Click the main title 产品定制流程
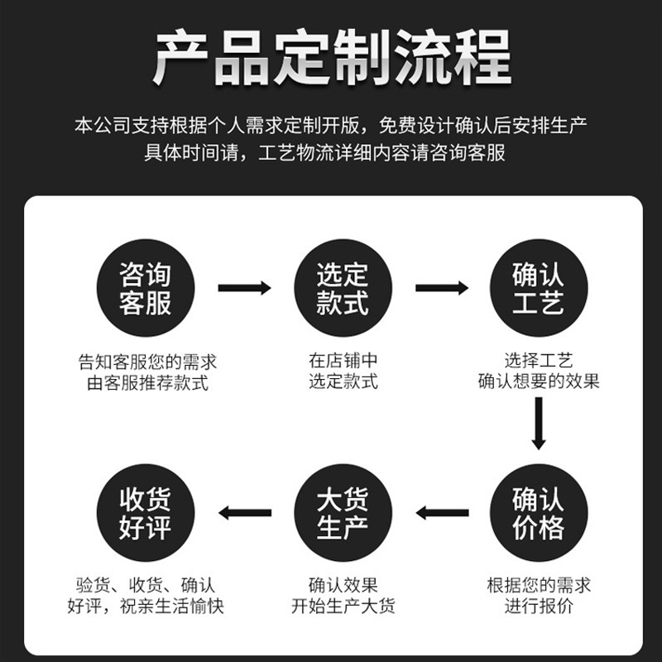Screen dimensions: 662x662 (x=332, y=57)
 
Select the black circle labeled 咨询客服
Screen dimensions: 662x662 (x=146, y=288)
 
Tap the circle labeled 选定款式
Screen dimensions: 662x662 (x=343, y=288)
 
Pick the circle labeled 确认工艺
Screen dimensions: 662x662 (x=539, y=288)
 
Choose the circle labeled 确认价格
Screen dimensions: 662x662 (x=539, y=512)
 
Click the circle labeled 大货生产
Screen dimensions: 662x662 (x=343, y=512)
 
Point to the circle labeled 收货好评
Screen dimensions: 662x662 (x=146, y=512)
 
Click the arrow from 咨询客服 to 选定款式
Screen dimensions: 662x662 (x=244, y=288)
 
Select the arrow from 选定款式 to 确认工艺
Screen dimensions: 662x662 (x=442, y=288)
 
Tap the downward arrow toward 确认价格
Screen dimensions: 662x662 (x=539, y=424)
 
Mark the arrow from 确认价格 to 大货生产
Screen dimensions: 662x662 (x=442, y=513)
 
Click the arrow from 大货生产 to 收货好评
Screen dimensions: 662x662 (x=244, y=513)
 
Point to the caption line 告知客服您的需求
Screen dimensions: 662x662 (x=147, y=362)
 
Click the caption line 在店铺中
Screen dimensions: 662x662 (x=343, y=361)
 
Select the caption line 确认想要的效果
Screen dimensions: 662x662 (x=539, y=381)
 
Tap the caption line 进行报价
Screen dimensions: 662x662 (x=539, y=607)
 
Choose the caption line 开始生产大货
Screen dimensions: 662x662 (x=343, y=607)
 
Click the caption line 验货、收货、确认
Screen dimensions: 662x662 (x=146, y=586)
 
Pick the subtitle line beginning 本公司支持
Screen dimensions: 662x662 (x=331, y=126)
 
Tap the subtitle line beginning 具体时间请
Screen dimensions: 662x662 (x=324, y=152)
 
